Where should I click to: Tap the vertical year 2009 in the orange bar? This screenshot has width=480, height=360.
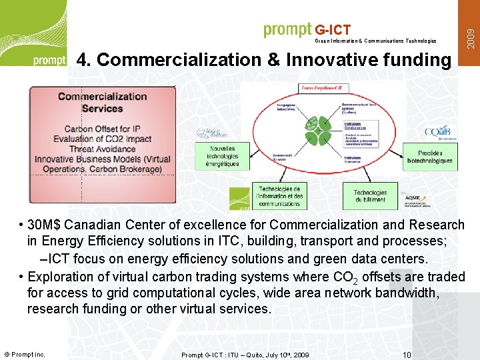(471, 34)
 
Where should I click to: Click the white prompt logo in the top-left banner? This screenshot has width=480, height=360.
(50, 61)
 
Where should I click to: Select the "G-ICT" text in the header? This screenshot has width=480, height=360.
(333, 30)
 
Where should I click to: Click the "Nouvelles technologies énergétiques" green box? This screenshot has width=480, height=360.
(223, 156)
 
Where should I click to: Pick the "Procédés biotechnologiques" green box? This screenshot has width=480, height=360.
(430, 157)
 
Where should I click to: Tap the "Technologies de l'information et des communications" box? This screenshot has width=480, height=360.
(280, 196)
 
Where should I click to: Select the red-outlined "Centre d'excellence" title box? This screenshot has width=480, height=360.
(325, 88)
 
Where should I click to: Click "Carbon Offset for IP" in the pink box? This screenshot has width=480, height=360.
(102, 129)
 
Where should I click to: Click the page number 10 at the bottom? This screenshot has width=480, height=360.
(407, 355)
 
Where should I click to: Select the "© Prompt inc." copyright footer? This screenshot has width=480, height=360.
(25, 354)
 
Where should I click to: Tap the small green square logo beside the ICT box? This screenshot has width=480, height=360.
(239, 198)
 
